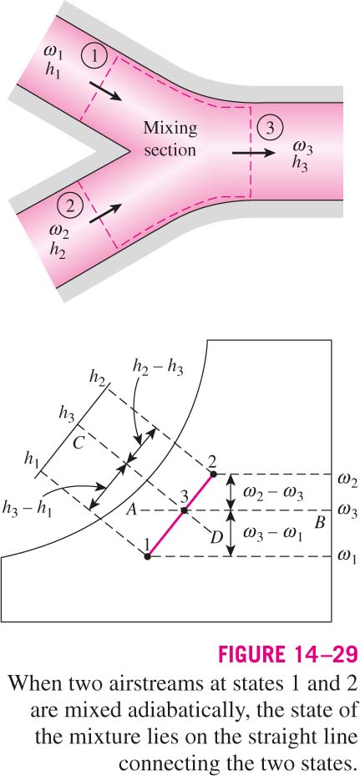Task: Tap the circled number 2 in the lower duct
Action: [69, 205]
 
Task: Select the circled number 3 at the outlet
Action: [269, 128]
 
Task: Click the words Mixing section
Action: [170, 139]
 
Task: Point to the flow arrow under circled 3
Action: [254, 153]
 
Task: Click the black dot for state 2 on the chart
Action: [214, 474]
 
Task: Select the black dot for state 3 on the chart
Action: [184, 510]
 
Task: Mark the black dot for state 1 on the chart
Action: [147, 557]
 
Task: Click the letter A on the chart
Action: [131, 511]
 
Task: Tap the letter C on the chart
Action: [77, 444]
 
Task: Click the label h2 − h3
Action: [158, 368]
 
